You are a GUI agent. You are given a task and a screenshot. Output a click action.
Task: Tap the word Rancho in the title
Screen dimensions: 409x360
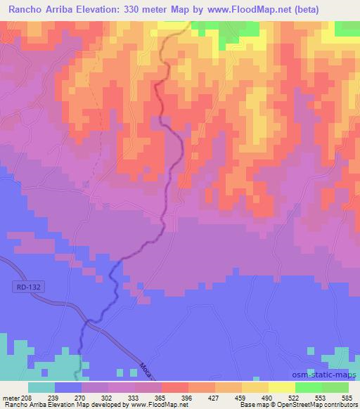click(x=27, y=10)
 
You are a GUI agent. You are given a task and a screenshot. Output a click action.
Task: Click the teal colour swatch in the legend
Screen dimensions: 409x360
click(x=41, y=387)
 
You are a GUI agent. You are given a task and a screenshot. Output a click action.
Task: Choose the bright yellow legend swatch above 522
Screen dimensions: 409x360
click(x=282, y=387)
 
